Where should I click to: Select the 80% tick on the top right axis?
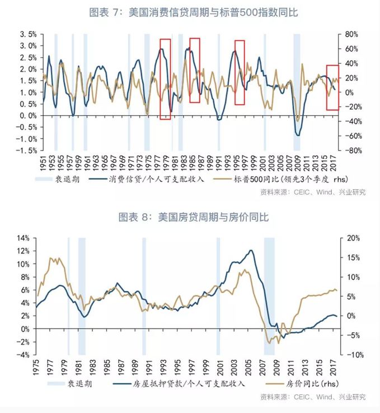pos(350,34)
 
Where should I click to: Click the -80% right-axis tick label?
pos(350,151)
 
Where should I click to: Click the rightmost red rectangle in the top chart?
pos(332,87)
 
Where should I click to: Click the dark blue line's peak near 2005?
pos(251,250)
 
